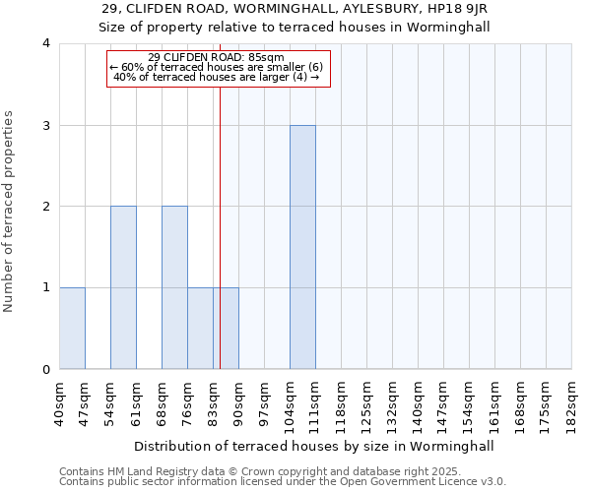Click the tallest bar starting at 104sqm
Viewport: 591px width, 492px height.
pos(302,247)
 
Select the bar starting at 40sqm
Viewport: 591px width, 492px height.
pos(72,329)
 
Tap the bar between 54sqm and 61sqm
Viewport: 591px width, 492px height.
pos(123,287)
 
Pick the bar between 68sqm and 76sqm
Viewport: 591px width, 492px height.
pos(174,287)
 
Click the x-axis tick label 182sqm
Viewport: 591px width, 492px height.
pos(572,403)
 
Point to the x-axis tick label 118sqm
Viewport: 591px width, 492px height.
pos(342,403)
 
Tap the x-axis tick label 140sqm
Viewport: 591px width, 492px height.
pos(419,403)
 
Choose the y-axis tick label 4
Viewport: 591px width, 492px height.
pos(46,43)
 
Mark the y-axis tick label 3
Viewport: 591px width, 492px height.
pos(46,125)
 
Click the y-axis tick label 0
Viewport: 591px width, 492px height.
pos(46,369)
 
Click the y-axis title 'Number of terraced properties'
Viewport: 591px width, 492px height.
pos(10,212)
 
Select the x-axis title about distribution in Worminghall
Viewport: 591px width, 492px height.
pos(313,446)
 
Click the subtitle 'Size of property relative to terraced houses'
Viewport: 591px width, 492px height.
pos(295,27)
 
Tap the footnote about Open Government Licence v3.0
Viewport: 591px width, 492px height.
pos(283,482)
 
